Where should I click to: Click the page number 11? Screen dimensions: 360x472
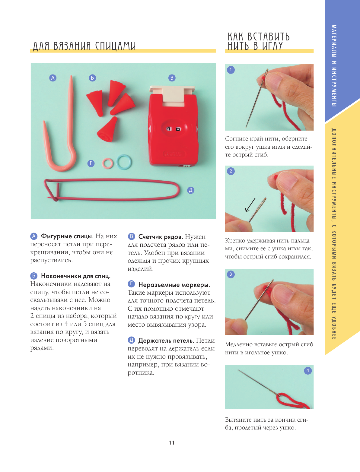pos(172,442)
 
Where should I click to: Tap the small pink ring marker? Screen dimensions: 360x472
pos(107,163)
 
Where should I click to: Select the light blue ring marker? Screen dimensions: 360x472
pos(124,162)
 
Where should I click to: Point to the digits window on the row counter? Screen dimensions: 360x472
pos(174,129)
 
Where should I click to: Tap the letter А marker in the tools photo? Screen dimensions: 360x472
pos(53,78)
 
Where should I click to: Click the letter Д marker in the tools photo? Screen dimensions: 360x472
pos(191,190)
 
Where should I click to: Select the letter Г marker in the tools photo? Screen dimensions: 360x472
pos(91,163)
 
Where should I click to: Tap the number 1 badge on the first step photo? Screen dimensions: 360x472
pos(231,70)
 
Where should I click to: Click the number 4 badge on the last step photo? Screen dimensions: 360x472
pos(307,370)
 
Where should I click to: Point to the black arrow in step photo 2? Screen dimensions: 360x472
pos(250,205)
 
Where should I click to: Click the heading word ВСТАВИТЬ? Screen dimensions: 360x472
pos(269,37)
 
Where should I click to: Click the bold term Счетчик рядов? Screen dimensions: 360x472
pos(161,237)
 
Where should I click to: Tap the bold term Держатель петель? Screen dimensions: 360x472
pos(166,341)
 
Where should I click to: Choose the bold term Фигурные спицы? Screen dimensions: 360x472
pos(67,236)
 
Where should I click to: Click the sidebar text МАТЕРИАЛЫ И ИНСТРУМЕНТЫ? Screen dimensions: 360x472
pos(334,65)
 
